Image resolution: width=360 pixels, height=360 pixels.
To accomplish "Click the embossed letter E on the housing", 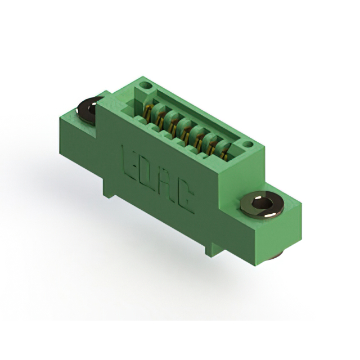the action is (129, 164).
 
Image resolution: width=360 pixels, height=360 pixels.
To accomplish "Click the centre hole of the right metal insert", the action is (262, 203).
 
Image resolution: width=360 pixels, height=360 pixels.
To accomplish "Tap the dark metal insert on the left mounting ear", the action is (88, 110).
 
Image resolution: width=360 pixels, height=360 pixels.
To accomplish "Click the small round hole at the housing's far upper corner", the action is (146, 85).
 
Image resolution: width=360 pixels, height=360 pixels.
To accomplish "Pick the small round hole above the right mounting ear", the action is (248, 145).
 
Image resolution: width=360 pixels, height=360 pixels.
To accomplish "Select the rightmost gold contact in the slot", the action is (224, 154).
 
